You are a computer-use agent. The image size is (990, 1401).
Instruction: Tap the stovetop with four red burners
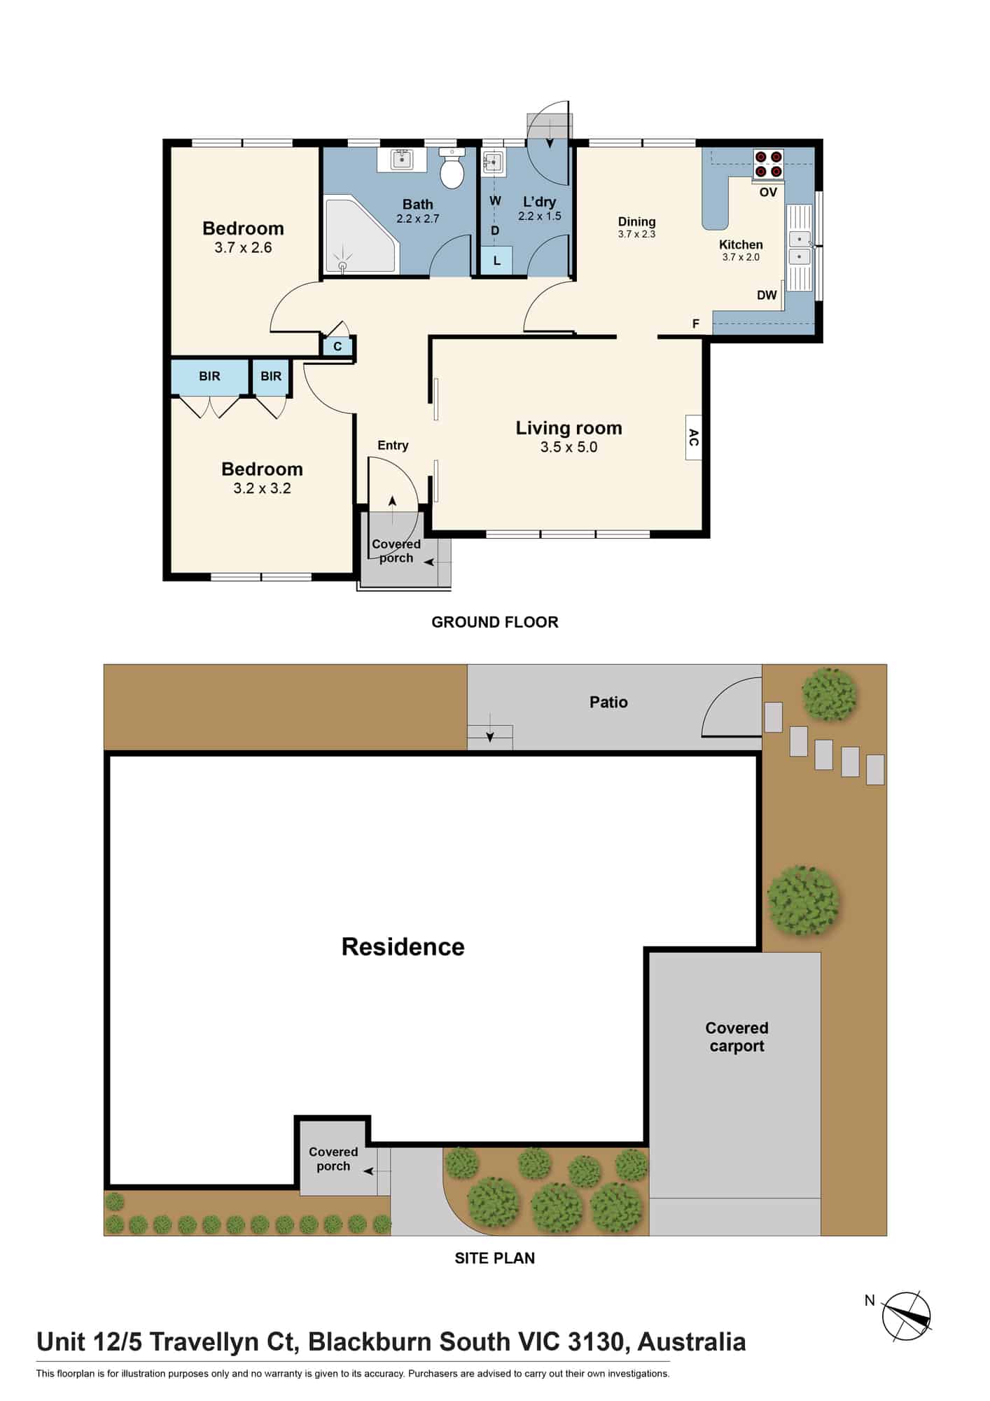click(x=768, y=164)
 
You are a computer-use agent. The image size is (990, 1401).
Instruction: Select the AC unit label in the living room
click(x=693, y=438)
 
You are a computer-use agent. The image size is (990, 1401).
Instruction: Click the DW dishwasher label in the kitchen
click(x=767, y=295)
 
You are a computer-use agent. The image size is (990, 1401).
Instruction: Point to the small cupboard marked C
click(x=337, y=346)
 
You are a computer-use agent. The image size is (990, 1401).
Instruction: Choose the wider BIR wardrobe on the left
click(x=210, y=377)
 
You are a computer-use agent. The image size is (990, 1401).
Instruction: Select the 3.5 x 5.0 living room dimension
click(x=569, y=447)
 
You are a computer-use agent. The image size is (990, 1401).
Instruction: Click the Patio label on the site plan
click(x=608, y=702)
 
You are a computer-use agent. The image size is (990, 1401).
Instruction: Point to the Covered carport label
click(x=737, y=1037)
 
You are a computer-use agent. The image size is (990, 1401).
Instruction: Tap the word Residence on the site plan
click(x=403, y=946)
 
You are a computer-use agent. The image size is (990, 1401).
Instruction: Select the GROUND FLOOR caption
click(x=495, y=622)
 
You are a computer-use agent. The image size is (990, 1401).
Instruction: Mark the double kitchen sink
click(x=799, y=249)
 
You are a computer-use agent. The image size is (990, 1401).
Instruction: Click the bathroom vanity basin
click(x=401, y=159)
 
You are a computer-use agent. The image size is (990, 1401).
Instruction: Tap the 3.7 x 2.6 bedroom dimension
click(x=243, y=247)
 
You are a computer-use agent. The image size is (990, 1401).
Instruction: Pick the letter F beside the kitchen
click(x=695, y=324)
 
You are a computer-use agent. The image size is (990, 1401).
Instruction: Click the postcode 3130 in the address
click(x=595, y=1341)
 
